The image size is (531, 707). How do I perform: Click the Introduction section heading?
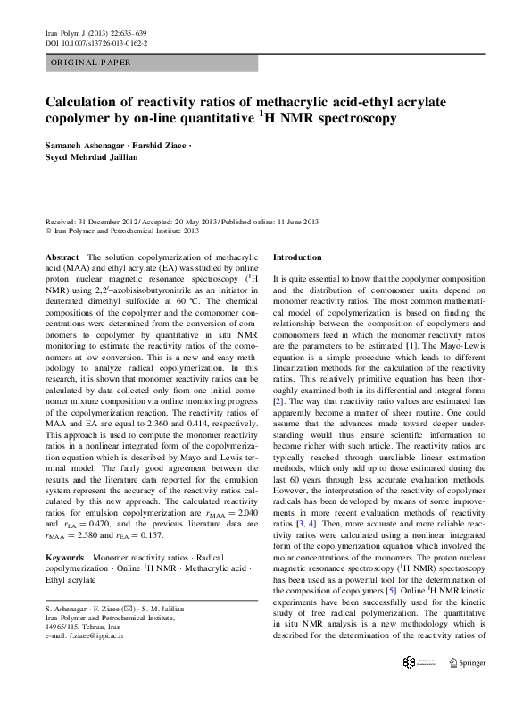(296, 257)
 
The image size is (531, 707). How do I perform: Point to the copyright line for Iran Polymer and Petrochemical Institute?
(120, 230)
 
